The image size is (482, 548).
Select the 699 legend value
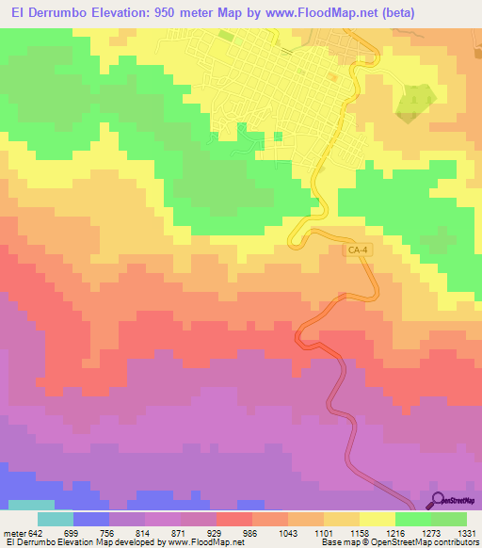click(92, 533)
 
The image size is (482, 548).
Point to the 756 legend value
click(128, 533)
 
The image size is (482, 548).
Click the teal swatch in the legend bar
click(56, 519)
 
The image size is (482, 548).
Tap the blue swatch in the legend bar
click(91, 519)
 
